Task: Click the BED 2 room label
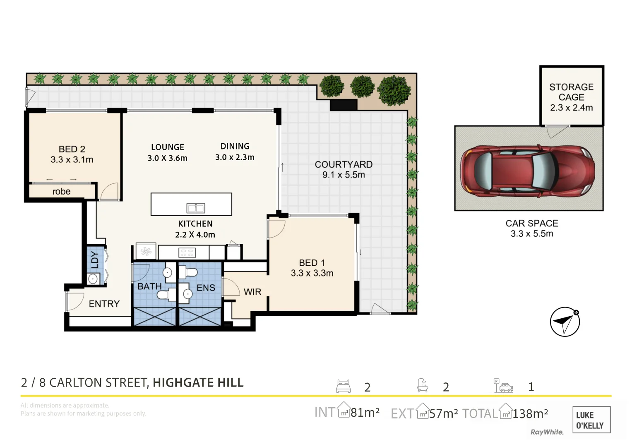pos(72,149)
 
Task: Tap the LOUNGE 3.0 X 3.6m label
pos(167,152)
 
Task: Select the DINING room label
pos(235,147)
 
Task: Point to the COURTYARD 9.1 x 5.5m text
pos(344,169)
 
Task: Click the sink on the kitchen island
pos(195,208)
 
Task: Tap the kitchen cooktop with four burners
pos(187,252)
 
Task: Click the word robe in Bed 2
pos(61,192)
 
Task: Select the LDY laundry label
pos(95,260)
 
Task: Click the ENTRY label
pos(104,304)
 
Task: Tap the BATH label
pos(149,286)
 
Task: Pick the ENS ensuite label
pos(206,288)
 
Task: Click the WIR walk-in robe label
pos(252,292)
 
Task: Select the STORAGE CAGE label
pos(571,92)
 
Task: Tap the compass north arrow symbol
pos(565,322)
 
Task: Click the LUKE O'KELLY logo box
pos(591,420)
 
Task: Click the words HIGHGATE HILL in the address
pos(198,383)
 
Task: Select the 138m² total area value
pos(530,413)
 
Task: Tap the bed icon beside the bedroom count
pos(343,386)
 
